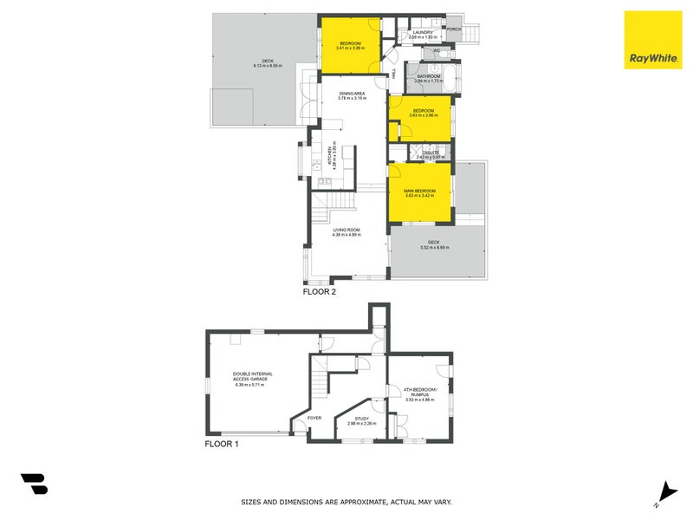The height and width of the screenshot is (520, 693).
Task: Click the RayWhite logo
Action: click(652, 40)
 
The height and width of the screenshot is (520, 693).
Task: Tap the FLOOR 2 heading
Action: click(319, 292)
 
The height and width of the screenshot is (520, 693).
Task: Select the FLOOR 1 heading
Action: click(221, 444)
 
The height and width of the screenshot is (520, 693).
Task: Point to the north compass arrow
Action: click(664, 491)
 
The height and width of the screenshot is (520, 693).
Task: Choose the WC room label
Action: click(436, 51)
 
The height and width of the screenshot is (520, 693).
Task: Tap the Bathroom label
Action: click(429, 78)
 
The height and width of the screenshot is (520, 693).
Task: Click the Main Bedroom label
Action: click(419, 192)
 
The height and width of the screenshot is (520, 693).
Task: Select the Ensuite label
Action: click(431, 155)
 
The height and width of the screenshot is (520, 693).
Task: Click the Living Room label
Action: click(346, 232)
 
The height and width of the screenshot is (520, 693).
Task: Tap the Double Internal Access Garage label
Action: click(252, 380)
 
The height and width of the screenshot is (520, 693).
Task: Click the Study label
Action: click(361, 420)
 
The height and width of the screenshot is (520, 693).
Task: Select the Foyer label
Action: click(314, 418)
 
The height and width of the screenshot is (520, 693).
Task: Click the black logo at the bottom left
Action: click(34, 484)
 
